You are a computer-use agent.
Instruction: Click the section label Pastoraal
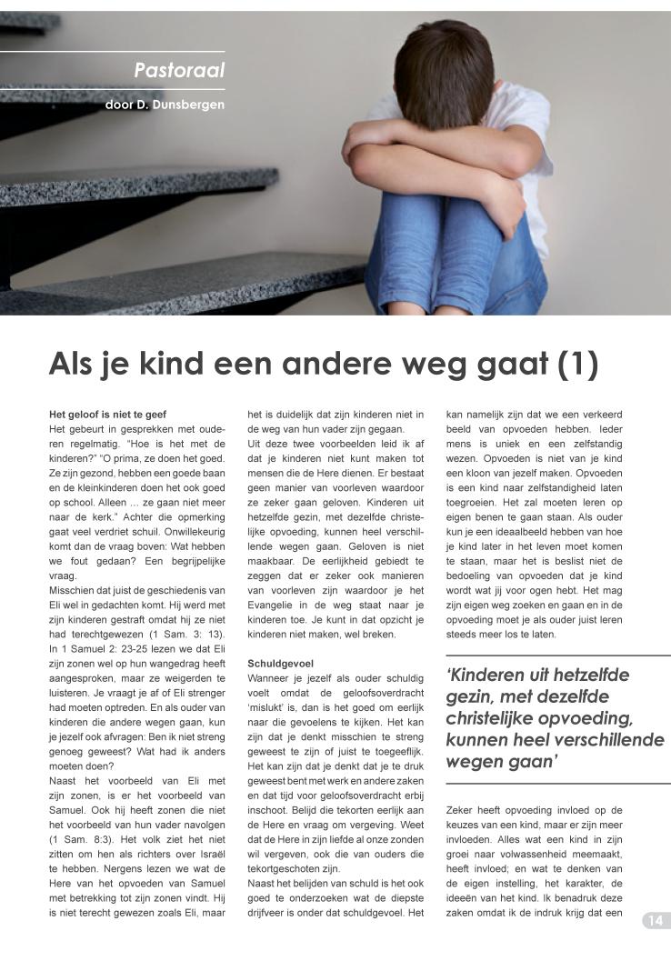(x=179, y=70)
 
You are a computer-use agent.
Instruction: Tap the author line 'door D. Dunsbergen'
(x=165, y=105)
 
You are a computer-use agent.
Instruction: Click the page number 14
(x=655, y=921)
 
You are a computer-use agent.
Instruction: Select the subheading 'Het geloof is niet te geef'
(x=107, y=415)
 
